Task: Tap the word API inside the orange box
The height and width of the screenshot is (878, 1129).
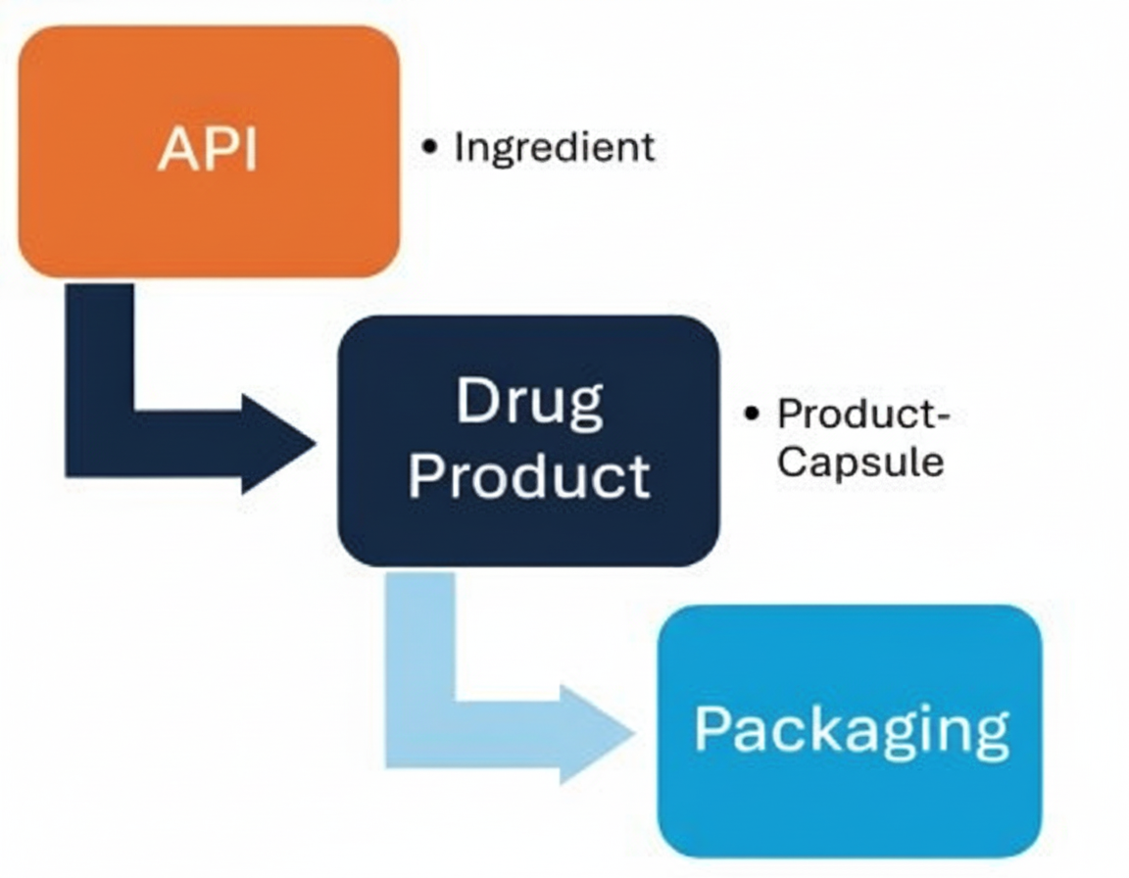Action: (208, 150)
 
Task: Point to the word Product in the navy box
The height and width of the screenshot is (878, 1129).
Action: (529, 475)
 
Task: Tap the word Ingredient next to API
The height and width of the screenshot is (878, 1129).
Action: (554, 147)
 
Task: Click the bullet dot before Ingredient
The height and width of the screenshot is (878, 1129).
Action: (429, 147)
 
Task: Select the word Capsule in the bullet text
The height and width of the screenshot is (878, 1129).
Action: (860, 461)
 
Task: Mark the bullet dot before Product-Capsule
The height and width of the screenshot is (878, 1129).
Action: (752, 415)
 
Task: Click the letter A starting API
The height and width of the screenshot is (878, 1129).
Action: (174, 150)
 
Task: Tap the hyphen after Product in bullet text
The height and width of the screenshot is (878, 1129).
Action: (943, 415)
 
